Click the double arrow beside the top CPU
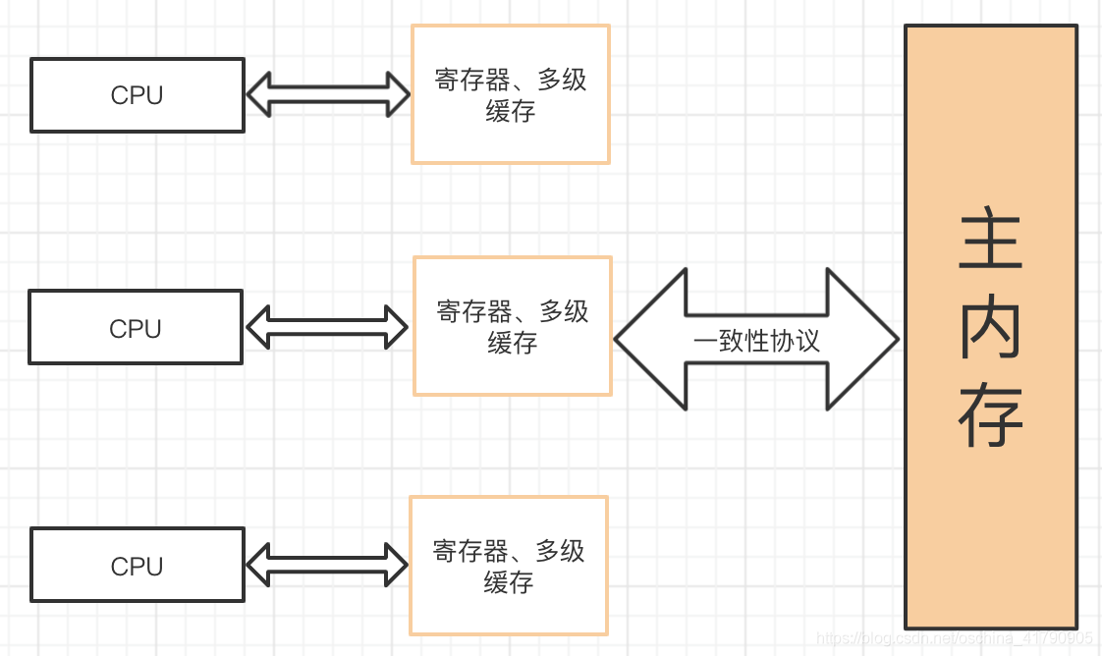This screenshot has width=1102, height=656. point(327,95)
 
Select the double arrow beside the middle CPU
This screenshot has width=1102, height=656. point(326,327)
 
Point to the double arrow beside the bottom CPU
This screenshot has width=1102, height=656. point(327,565)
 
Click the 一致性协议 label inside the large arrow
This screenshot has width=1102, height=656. point(756,341)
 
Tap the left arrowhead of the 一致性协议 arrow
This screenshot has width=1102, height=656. point(649,339)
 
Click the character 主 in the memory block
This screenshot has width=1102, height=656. point(990,240)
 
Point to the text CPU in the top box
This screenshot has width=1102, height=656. point(137,95)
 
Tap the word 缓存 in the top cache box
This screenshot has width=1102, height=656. point(511,111)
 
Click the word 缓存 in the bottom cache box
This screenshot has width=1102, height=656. point(509,582)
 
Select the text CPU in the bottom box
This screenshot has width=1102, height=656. point(137,567)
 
